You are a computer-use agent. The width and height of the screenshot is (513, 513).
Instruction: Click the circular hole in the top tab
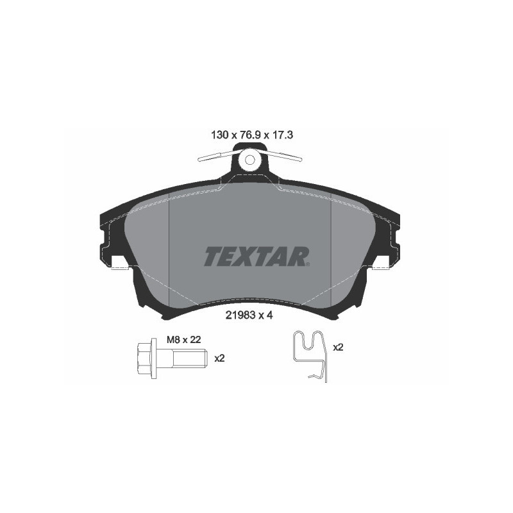click(x=251, y=159)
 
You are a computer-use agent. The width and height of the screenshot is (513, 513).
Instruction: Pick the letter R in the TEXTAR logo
click(x=298, y=256)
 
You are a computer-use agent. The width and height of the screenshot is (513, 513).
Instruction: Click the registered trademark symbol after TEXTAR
click(x=309, y=262)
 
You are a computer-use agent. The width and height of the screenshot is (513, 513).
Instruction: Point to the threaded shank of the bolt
click(x=190, y=359)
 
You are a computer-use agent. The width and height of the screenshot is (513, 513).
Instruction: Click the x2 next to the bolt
click(x=219, y=358)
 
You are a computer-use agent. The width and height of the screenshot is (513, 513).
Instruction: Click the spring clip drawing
click(x=310, y=356)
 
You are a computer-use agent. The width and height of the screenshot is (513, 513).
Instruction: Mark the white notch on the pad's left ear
click(x=119, y=264)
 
